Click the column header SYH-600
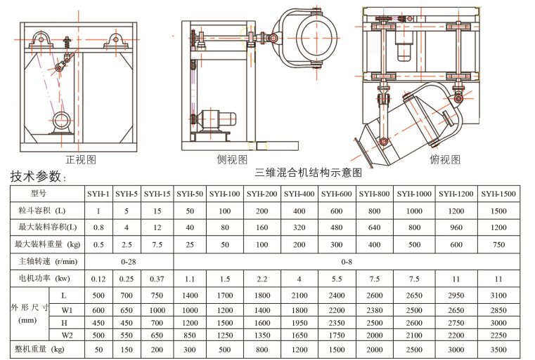336,193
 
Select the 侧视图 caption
232,160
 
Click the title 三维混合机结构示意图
308,171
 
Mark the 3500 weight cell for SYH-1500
498,349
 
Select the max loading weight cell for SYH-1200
456,244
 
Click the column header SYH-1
98,193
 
